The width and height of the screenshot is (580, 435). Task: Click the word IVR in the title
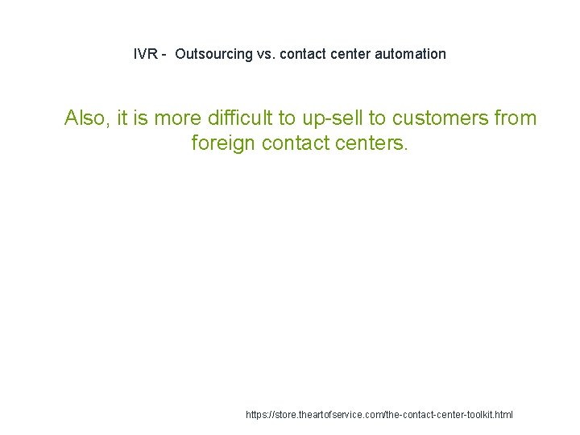pyautogui.click(x=145, y=54)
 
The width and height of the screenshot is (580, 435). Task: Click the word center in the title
pyautogui.click(x=348, y=54)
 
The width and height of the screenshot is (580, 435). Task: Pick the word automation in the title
pyautogui.click(x=410, y=54)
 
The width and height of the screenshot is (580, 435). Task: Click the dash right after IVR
pyautogui.click(x=164, y=54)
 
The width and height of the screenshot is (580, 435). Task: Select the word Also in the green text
pyautogui.click(x=85, y=118)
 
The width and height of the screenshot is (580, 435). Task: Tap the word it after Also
pyautogui.click(x=122, y=118)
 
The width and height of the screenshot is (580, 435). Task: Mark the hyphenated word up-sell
pyautogui.click(x=333, y=118)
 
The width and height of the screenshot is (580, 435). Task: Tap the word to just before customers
pyautogui.click(x=378, y=118)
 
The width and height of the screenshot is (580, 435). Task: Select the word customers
pyautogui.click(x=441, y=118)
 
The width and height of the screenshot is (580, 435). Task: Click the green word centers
pyautogui.click(x=375, y=143)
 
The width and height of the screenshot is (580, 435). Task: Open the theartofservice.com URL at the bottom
pyautogui.click(x=379, y=415)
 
